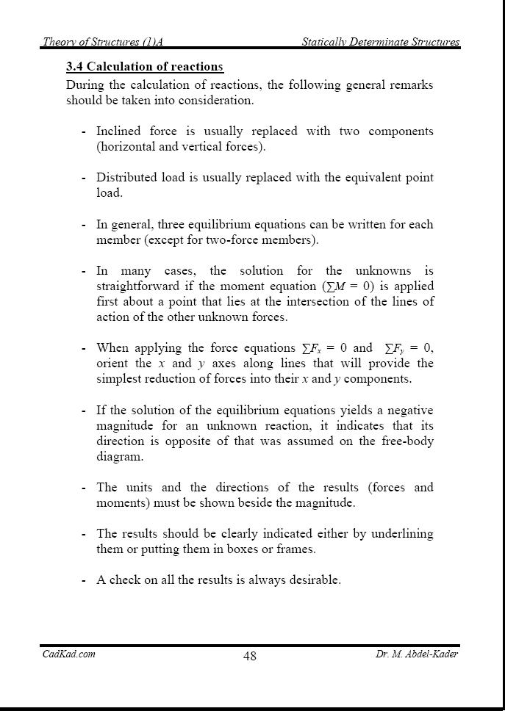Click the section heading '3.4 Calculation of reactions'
pyautogui.click(x=145, y=67)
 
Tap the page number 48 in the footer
pyautogui.click(x=250, y=656)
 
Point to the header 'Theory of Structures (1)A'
pyautogui.click(x=107, y=42)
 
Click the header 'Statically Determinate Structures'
pyautogui.click(x=381, y=42)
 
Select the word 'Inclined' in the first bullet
pyautogui.click(x=118, y=131)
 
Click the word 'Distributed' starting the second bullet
pyautogui.click(x=126, y=178)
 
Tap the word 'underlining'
pyautogui.click(x=401, y=533)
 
